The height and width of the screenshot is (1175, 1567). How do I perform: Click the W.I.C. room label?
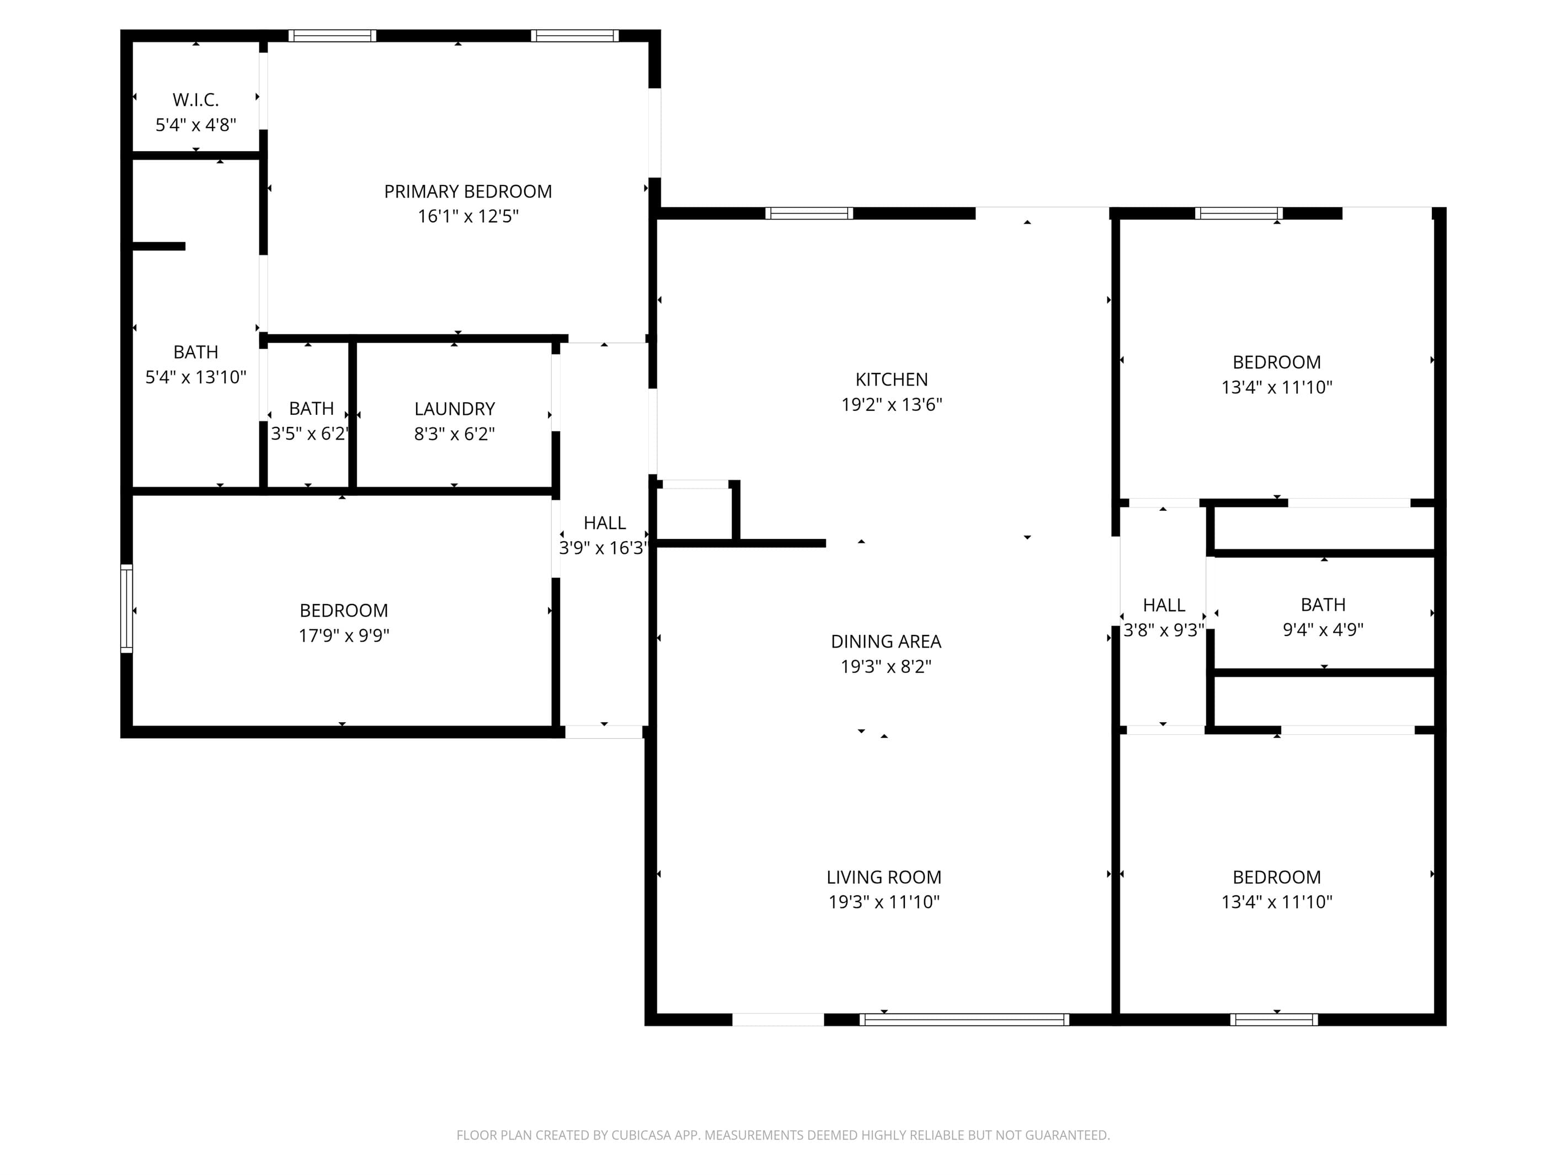[195, 100]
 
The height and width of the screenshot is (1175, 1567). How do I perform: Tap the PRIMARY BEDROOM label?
[467, 191]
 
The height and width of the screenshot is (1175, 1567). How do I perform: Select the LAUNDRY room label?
[454, 409]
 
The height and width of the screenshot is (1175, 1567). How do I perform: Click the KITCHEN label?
[891, 380]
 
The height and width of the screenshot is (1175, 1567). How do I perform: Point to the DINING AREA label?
[886, 642]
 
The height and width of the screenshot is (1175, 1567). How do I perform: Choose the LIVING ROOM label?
[883, 877]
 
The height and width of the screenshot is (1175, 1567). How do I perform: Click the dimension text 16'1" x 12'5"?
[467, 216]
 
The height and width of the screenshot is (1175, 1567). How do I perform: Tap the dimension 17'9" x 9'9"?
[344, 635]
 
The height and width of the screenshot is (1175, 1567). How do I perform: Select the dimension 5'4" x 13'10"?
[195, 377]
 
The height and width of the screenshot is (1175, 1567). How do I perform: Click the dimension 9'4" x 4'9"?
[1323, 629]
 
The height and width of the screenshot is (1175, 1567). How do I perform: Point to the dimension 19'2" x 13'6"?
[891, 404]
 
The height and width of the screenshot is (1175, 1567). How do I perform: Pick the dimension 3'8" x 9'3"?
[1163, 629]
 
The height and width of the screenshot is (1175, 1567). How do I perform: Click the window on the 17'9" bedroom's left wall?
[127, 608]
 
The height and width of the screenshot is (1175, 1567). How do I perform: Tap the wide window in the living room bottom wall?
[964, 1020]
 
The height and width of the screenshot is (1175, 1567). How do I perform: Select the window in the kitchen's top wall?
[808, 213]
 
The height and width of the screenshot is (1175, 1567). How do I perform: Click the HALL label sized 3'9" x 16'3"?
[604, 523]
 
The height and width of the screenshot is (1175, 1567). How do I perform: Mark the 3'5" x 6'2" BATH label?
[311, 409]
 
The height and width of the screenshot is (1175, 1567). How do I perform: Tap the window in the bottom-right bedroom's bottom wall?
[1273, 1020]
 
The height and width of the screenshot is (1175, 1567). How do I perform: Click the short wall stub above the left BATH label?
[159, 247]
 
